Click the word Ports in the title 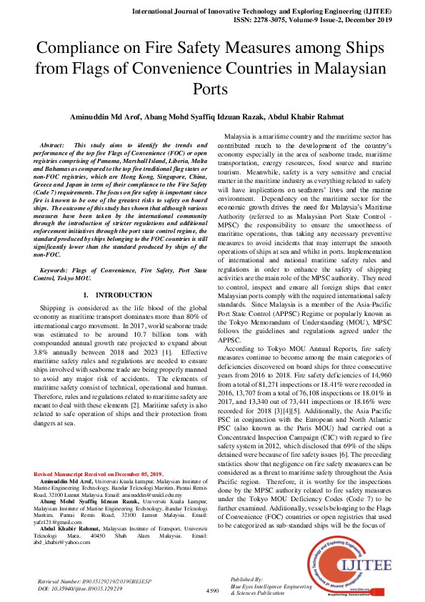[211, 90]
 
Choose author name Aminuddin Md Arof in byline [99, 117]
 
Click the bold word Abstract [52, 144]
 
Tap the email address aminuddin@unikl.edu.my [153, 494]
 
